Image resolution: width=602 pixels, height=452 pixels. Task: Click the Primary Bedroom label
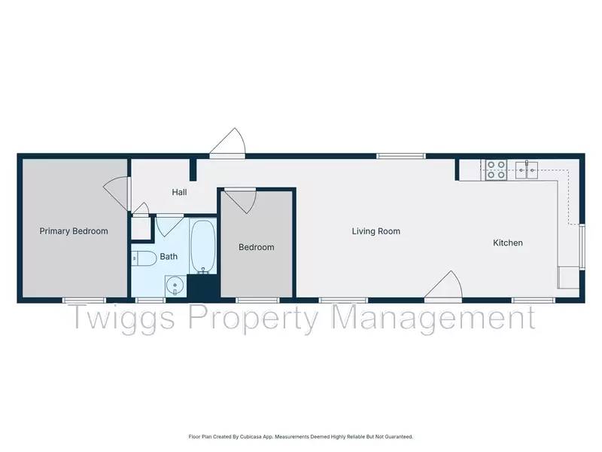click(74, 231)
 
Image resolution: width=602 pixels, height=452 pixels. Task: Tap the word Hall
click(179, 192)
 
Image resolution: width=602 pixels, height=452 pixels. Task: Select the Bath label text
click(169, 256)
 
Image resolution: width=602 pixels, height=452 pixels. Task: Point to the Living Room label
click(375, 231)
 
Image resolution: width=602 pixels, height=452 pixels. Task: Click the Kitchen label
click(507, 243)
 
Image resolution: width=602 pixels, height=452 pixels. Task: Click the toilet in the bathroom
click(143, 258)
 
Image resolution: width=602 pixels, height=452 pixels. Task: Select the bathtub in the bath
click(202, 246)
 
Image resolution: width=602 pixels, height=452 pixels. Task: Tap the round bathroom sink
click(174, 286)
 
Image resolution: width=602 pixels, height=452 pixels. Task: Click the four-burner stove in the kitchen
click(495, 169)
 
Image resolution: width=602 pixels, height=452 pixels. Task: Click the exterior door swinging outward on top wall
click(227, 143)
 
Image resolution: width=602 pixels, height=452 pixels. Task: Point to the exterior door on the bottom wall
click(443, 287)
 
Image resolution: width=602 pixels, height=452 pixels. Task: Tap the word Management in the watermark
click(434, 318)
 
